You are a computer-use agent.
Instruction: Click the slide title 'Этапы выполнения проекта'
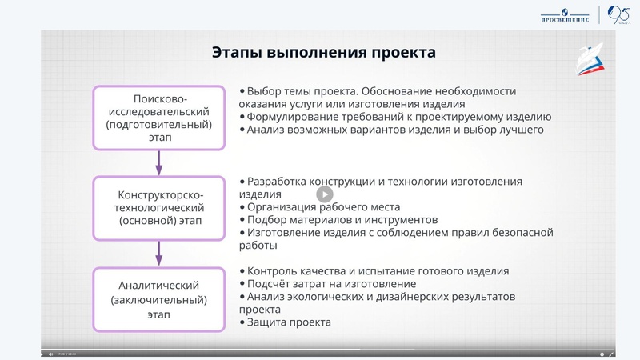(x=324, y=53)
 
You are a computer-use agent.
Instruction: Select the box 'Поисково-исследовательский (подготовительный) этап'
(x=158, y=118)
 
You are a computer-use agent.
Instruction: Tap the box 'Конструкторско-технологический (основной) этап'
(x=158, y=207)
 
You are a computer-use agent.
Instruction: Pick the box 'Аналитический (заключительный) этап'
(x=158, y=300)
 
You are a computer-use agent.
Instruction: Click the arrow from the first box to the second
(x=158, y=162)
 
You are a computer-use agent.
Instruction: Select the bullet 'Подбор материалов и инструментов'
(x=342, y=219)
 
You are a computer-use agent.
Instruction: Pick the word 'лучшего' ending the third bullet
(x=522, y=129)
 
